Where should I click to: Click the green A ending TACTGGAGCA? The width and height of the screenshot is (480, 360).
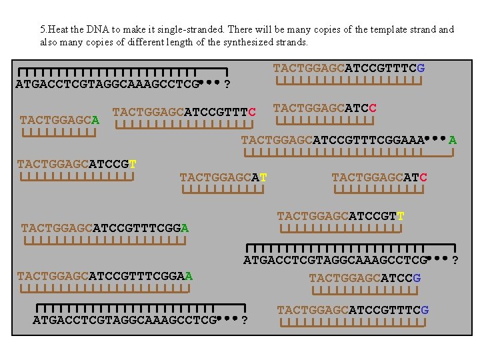(x=96, y=121)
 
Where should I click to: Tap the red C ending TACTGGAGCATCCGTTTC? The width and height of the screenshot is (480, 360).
(x=252, y=111)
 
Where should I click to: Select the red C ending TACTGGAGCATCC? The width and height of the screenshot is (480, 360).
(x=373, y=108)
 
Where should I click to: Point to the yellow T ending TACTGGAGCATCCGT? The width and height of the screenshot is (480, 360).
(x=133, y=164)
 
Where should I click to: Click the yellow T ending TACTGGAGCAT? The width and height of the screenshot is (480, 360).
(x=263, y=177)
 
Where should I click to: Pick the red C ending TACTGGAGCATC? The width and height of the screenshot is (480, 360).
(x=423, y=177)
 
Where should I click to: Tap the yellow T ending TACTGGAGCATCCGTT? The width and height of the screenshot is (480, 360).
(x=400, y=217)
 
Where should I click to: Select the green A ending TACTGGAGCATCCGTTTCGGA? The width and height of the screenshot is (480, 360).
(x=185, y=228)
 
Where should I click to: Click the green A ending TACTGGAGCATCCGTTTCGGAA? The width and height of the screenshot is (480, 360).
(x=189, y=275)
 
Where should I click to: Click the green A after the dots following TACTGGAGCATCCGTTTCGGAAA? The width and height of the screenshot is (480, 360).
(x=453, y=140)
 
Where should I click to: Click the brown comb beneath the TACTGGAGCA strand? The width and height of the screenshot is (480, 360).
(x=59, y=132)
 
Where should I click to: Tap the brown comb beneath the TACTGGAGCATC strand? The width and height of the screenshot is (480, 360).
(x=379, y=189)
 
